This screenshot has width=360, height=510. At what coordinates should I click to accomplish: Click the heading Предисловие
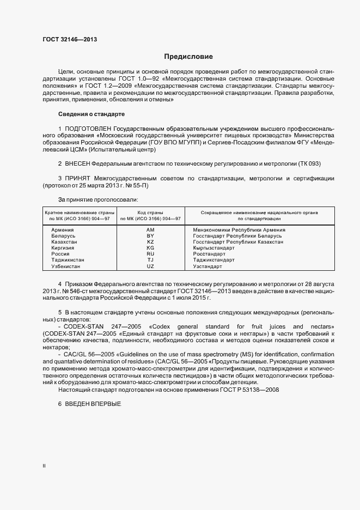tap(188, 57)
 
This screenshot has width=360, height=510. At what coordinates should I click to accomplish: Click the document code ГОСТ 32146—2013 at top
tap(70, 39)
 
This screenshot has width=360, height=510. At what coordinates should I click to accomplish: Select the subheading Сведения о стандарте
tap(91, 114)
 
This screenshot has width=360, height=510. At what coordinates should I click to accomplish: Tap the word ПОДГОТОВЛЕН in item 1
tap(83, 128)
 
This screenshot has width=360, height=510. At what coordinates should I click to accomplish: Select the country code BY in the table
tap(150, 236)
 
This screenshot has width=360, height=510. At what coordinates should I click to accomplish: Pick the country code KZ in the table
tap(150, 242)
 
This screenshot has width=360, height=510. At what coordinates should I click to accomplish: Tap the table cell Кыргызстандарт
tap(214, 248)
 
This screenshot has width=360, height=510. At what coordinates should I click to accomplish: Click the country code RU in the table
tap(150, 254)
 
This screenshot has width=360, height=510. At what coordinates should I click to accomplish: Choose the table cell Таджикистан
tap(68, 260)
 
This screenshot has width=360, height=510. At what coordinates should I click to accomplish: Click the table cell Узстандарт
tap(208, 266)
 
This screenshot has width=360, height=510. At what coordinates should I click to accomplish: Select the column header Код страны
tap(150, 212)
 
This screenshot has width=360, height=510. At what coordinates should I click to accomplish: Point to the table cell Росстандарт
tap(209, 254)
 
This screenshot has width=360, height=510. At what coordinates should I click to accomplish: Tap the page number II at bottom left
tap(44, 466)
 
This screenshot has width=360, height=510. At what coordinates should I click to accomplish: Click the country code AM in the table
tap(150, 230)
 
